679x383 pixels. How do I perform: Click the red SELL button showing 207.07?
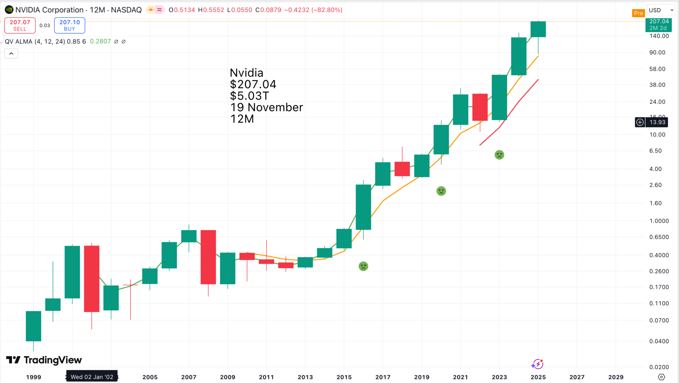[20, 25]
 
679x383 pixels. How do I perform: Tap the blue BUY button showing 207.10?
[70, 25]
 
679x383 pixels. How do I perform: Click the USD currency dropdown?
[661, 10]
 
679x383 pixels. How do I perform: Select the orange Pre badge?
[638, 13]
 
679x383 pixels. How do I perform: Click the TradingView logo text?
[44, 360]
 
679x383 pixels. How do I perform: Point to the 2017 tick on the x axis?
[383, 377]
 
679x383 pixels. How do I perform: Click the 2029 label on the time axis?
[616, 377]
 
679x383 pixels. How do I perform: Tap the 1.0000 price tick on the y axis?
[659, 221]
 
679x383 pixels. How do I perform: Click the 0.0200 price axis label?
[659, 367]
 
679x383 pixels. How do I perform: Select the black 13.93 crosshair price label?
[657, 122]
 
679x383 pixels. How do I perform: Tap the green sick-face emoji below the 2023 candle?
[499, 155]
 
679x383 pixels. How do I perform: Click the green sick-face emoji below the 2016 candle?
[363, 266]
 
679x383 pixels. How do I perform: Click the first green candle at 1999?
[33, 326]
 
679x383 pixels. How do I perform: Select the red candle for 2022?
[480, 107]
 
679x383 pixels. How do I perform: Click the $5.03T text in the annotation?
[249, 96]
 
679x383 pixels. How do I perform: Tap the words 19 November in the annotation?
[267, 107]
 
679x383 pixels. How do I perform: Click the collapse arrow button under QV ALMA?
[11, 53]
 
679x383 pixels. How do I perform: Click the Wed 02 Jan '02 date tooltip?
[92, 377]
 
